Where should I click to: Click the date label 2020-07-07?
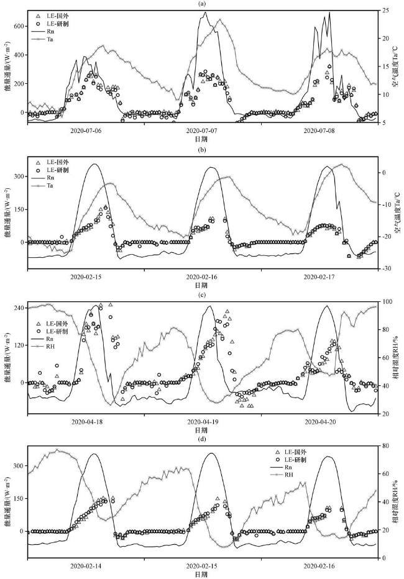pyautogui.click(x=201, y=132)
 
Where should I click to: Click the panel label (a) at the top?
pyautogui.click(x=201, y=4)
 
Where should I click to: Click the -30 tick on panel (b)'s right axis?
pyautogui.click(x=387, y=268)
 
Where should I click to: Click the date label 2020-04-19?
pyautogui.click(x=201, y=422)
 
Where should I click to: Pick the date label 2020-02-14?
pyautogui.click(x=86, y=568)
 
